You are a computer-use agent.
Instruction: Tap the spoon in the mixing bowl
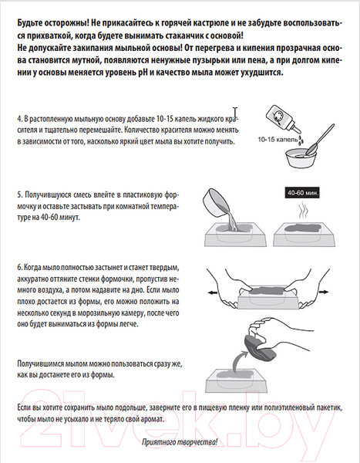[x=320, y=140]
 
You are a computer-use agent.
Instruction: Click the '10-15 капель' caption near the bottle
[x=278, y=140]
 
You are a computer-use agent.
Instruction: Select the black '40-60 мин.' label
[x=303, y=193]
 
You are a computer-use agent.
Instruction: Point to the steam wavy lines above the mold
[x=303, y=211]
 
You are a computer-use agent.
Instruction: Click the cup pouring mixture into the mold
[x=217, y=202]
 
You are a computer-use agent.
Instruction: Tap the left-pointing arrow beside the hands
[x=213, y=292]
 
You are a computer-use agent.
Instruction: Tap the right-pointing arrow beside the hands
[x=323, y=292]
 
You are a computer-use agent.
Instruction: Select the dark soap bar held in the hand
[x=260, y=346]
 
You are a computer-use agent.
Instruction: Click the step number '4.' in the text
[x=20, y=119]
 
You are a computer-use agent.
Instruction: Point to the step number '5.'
[x=20, y=195]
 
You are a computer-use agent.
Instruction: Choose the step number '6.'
[x=20, y=268]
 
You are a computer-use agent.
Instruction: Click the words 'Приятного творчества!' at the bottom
[x=180, y=442]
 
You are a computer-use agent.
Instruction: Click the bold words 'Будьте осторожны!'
[x=53, y=23]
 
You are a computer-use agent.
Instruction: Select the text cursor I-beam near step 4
[x=235, y=113]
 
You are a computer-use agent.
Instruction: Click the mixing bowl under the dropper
[x=301, y=157]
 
